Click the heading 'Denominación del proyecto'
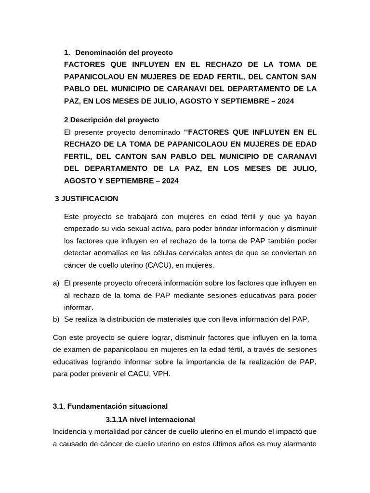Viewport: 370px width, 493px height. pyautogui.click(x=124, y=52)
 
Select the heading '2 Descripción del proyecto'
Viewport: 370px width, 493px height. pyautogui.click(x=111, y=119)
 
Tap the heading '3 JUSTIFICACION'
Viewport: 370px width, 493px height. pyautogui.click(x=87, y=198)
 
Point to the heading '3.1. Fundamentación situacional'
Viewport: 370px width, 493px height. pyautogui.click(x=110, y=406)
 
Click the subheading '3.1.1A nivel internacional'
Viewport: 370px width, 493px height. pyautogui.click(x=150, y=419)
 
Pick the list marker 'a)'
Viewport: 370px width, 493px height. pyautogui.click(x=56, y=283)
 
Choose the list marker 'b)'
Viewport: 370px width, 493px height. pyautogui.click(x=56, y=319)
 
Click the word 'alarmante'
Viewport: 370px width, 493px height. pyautogui.click(x=297, y=443)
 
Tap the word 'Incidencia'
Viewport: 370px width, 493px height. pyautogui.click(x=71, y=431)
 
